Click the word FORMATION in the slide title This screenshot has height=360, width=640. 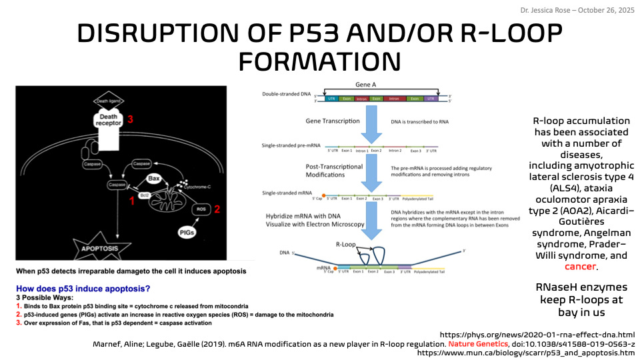coord(319,61)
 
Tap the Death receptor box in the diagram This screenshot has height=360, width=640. coord(109,120)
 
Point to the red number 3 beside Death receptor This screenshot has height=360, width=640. coord(131,119)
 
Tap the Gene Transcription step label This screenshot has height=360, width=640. coord(333,121)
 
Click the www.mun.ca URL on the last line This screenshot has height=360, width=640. coord(526,353)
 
